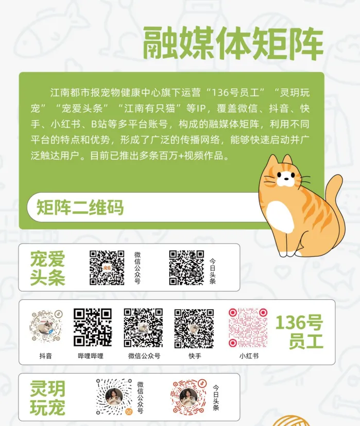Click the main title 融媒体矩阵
(233, 43)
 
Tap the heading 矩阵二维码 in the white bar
(80, 207)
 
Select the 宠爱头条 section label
(47, 268)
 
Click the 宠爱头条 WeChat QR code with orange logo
(107, 268)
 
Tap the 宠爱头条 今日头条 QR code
(186, 268)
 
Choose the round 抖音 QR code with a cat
(46, 326)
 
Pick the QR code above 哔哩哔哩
(93, 327)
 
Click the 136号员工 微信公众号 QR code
(143, 328)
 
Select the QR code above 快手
(194, 328)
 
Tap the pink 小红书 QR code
(248, 328)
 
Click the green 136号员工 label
(299, 331)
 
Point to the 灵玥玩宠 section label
(47, 398)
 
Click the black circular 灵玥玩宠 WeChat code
(114, 397)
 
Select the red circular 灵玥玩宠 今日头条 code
(188, 397)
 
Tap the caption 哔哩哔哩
(91, 356)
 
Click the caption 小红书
(249, 356)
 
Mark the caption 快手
(195, 356)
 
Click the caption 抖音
(45, 356)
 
